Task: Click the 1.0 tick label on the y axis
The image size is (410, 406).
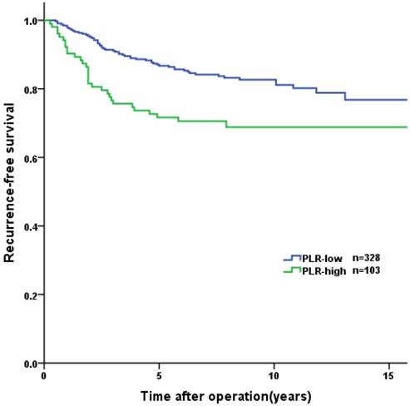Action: pyautogui.click(x=31, y=20)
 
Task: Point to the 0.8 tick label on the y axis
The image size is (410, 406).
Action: pyautogui.click(x=31, y=89)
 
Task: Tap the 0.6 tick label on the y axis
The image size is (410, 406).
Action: pyautogui.click(x=31, y=158)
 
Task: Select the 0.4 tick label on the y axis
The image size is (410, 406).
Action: pyautogui.click(x=31, y=226)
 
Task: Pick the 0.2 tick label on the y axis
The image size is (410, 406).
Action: pyautogui.click(x=31, y=295)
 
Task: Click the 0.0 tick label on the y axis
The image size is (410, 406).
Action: pyautogui.click(x=31, y=364)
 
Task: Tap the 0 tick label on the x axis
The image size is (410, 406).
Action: pyautogui.click(x=44, y=376)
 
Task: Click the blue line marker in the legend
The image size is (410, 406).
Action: pyautogui.click(x=292, y=259)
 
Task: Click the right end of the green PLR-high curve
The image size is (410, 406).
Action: pyautogui.click(x=407, y=127)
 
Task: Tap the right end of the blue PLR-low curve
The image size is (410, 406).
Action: pyautogui.click(x=407, y=100)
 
